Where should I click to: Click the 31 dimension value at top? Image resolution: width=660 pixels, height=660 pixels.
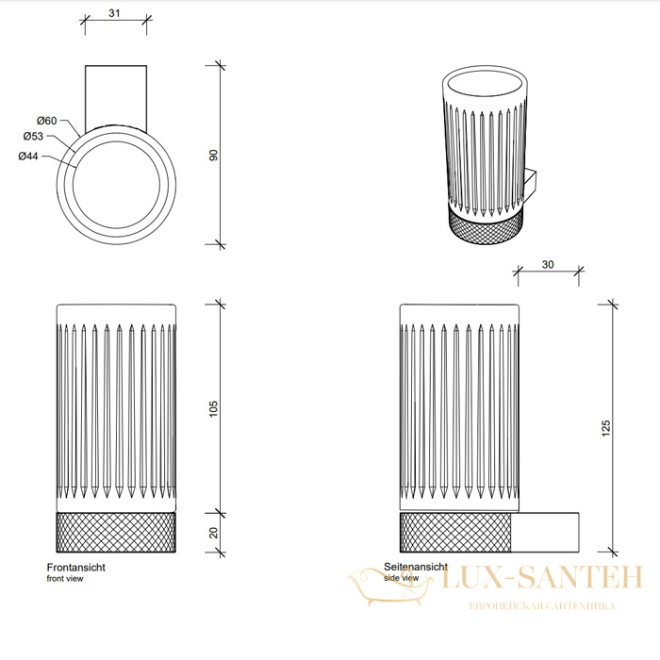pos(114,13)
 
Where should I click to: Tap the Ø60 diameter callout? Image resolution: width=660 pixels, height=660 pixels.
pos(47,121)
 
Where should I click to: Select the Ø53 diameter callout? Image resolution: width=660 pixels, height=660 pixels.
pos(33,136)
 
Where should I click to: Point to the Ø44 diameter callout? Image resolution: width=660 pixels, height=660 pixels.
pos(28,157)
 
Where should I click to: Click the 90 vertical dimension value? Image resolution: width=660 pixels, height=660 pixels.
pos(213,155)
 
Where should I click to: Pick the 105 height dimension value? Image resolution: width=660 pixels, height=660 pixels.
pos(213,408)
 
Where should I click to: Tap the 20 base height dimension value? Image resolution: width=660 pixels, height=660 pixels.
pos(213,533)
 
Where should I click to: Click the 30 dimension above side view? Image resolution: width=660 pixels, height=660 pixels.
pos(548,264)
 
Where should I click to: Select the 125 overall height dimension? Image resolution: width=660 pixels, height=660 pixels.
pos(605,428)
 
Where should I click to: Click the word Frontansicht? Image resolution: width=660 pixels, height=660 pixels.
pos(75,568)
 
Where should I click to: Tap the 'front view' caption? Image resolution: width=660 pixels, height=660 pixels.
pos(65,579)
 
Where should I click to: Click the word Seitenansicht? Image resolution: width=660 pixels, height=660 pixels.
pos(416,567)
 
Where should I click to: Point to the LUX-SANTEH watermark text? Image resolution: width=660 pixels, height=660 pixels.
pos(542,577)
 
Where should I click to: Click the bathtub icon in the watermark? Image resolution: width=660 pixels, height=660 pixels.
pos(389,586)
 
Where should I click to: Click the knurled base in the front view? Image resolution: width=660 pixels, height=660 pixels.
pos(116,533)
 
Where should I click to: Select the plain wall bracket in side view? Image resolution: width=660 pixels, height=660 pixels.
pos(545,533)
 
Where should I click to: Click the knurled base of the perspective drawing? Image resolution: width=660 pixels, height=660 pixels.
pos(487,227)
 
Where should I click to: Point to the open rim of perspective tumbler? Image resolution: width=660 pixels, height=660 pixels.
pos(485,86)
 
